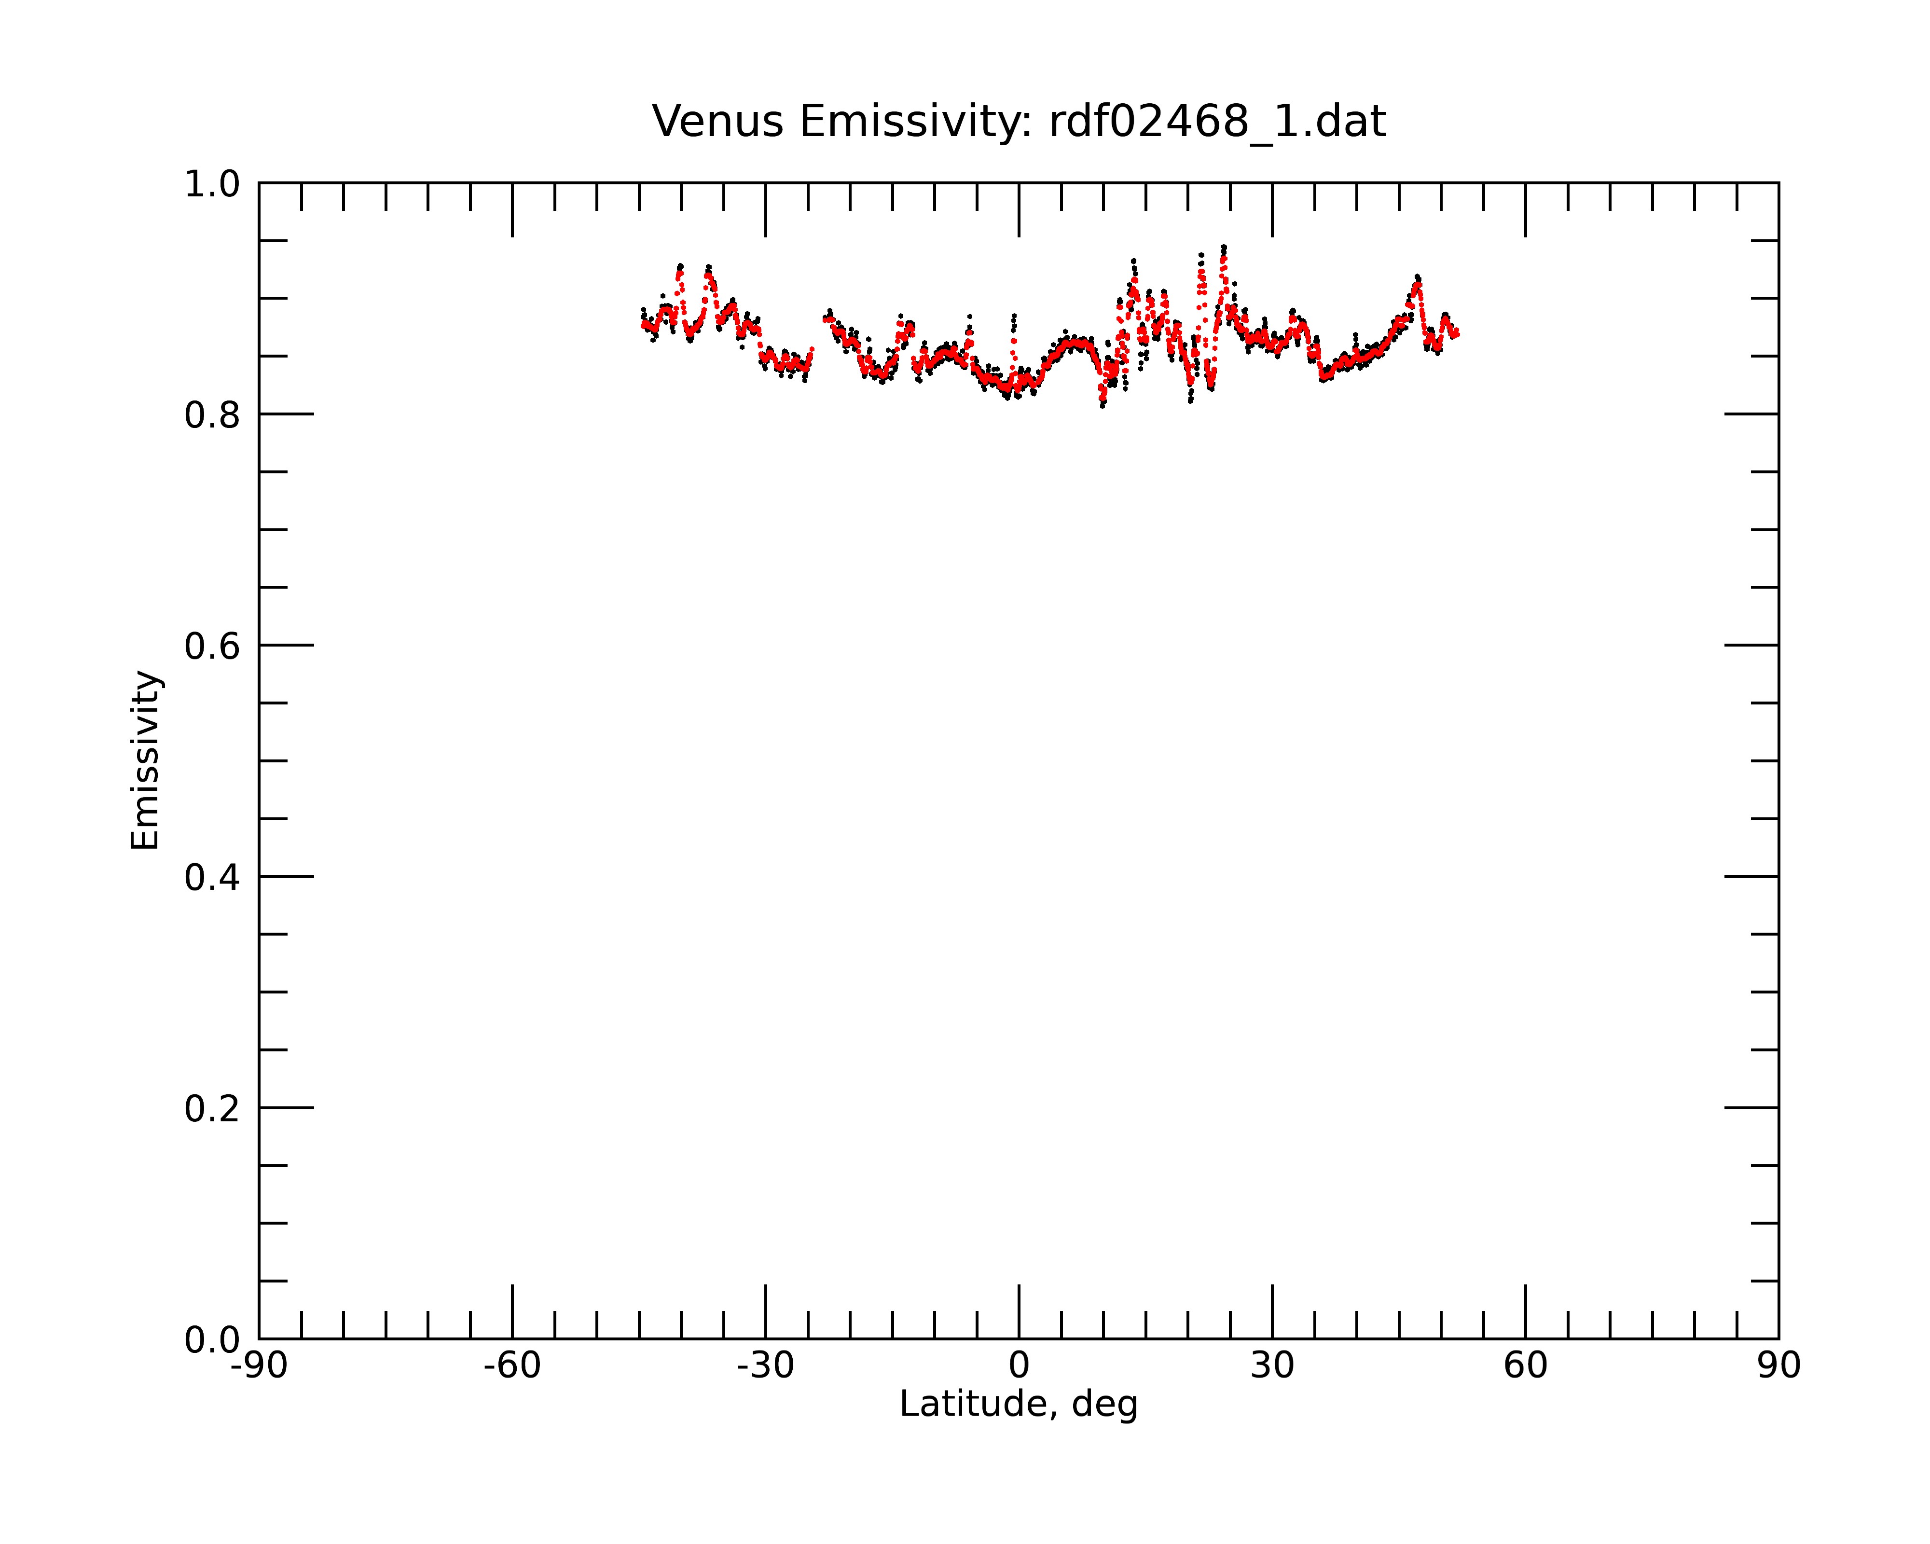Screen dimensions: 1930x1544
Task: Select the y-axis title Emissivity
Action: click(x=145, y=760)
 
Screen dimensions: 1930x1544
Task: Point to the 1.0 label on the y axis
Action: click(x=212, y=184)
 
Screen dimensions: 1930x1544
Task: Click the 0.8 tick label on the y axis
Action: click(x=212, y=415)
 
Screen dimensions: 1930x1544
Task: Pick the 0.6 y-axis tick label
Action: click(x=212, y=646)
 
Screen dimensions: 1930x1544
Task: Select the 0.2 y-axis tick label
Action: click(x=212, y=1109)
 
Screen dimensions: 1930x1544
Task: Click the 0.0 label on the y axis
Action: click(x=212, y=1340)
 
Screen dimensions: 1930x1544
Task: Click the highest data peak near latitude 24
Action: click(x=1224, y=247)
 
